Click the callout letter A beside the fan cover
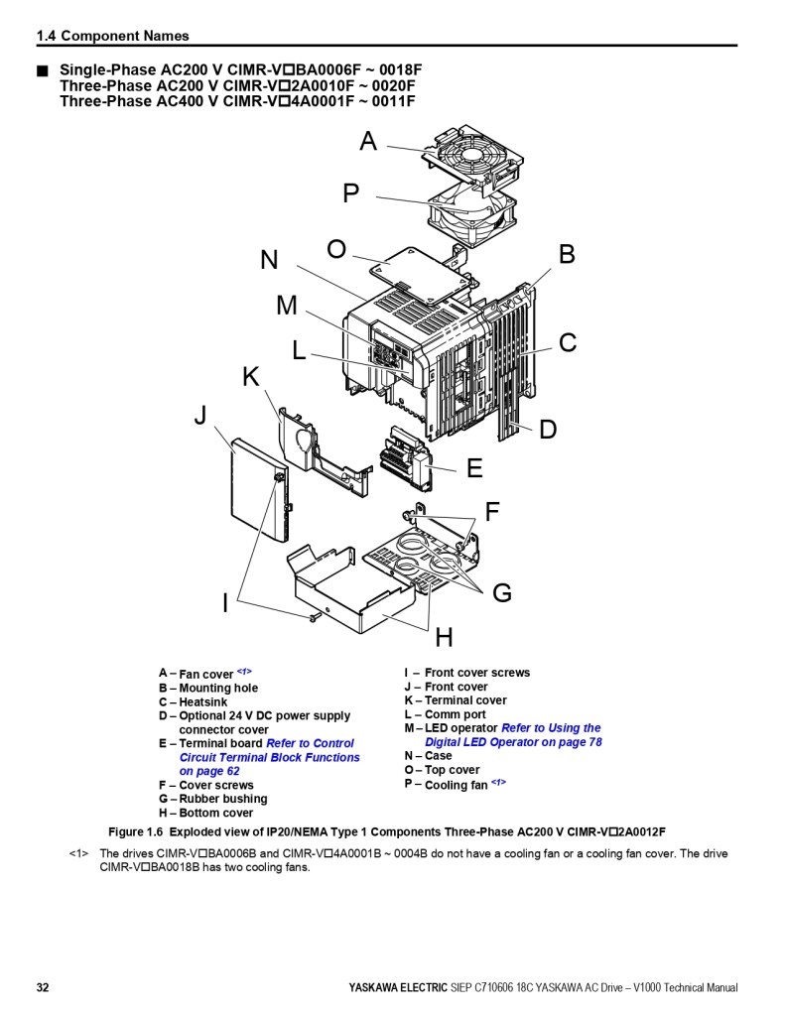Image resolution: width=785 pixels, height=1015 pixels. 368,142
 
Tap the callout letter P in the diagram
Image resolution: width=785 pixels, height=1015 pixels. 350,193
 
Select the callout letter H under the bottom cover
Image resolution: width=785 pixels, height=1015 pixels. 444,638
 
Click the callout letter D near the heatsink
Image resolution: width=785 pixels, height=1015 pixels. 548,430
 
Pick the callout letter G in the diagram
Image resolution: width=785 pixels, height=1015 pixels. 502,593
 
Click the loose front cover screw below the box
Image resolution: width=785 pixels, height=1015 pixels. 315,617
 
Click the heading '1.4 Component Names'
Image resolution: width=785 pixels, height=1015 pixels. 112,36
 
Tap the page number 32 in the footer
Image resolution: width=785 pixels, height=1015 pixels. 43,988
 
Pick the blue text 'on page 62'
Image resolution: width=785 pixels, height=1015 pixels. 208,771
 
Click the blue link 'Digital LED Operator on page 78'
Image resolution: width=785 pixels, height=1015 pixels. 513,742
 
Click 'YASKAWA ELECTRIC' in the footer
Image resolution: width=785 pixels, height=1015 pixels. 392,988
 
